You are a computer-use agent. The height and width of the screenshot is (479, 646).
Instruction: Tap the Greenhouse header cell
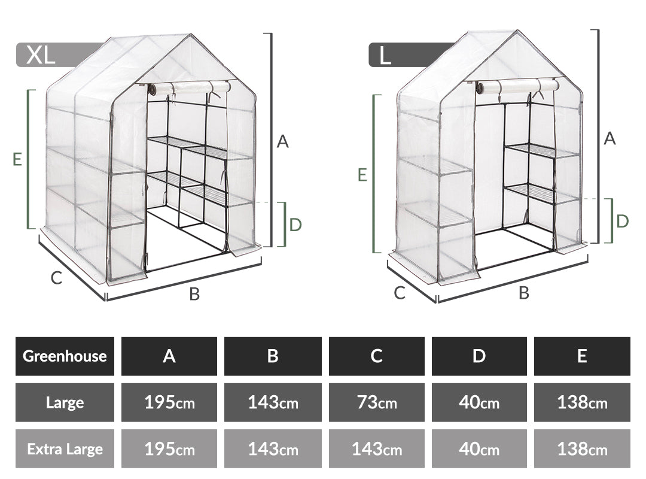tap(65, 356)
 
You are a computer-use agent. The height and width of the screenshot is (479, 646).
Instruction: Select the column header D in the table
tap(479, 356)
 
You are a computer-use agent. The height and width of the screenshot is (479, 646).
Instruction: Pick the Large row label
tap(65, 402)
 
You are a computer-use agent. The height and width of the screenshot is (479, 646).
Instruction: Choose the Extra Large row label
tap(65, 448)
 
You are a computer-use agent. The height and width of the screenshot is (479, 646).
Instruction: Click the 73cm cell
tap(377, 402)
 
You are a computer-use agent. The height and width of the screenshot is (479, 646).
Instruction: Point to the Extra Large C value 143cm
tap(377, 448)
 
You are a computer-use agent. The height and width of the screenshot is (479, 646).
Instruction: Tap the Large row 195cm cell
tap(169, 402)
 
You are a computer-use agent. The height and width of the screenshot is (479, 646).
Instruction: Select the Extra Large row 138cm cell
tap(582, 448)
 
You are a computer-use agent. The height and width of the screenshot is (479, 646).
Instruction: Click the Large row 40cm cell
tap(479, 402)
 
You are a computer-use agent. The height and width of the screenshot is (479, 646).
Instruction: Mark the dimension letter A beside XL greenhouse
tap(282, 141)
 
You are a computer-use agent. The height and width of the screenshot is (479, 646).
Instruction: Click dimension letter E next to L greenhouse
tap(362, 175)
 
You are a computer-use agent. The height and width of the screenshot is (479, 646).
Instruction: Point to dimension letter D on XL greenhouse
tap(296, 225)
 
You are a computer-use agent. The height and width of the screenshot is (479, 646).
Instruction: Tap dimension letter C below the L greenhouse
tap(400, 293)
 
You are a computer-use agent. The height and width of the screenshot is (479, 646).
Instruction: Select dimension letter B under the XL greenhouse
tap(194, 294)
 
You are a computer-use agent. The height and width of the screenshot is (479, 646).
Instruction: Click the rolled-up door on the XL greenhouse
tap(190, 88)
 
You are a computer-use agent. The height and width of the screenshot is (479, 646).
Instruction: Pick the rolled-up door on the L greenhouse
tap(518, 87)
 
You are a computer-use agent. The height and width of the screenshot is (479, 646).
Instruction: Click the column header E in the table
tap(582, 356)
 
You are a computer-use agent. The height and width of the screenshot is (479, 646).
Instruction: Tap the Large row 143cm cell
tap(273, 402)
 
